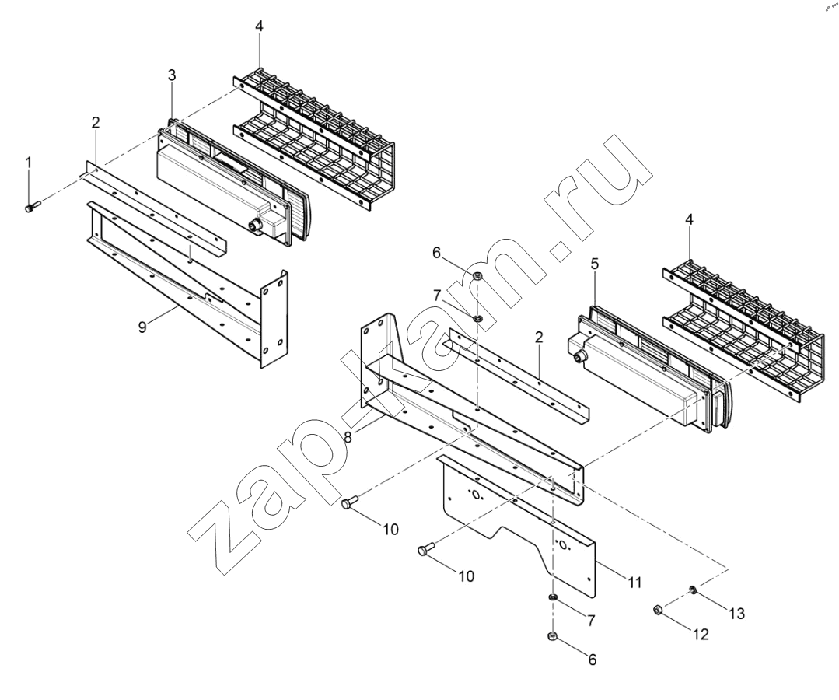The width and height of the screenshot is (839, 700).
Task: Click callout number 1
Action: [30, 162]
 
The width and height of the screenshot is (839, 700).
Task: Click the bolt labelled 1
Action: [33, 206]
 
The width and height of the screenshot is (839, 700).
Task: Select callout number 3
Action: [171, 76]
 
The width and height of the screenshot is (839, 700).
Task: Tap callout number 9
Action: [142, 327]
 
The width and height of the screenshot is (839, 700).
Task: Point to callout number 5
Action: [595, 264]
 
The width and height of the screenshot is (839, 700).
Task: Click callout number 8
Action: [348, 437]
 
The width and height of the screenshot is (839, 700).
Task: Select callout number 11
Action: [634, 582]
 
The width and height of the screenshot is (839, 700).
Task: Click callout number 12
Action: [701, 634]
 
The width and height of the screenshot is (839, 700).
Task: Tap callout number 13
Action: [737, 614]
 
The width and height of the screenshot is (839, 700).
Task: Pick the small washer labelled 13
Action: [692, 590]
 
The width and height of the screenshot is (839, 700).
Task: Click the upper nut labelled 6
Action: [478, 275]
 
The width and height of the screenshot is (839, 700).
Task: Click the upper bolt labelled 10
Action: [350, 502]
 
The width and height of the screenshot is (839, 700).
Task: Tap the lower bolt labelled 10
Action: [426, 548]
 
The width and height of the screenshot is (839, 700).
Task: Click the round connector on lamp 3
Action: [253, 227]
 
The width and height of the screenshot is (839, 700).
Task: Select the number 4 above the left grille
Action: [260, 26]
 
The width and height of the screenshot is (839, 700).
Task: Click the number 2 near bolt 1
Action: [95, 123]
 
